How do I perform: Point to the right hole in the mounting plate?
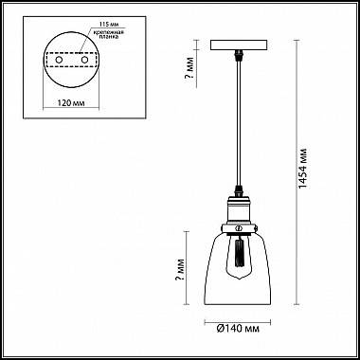tap(86, 61)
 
